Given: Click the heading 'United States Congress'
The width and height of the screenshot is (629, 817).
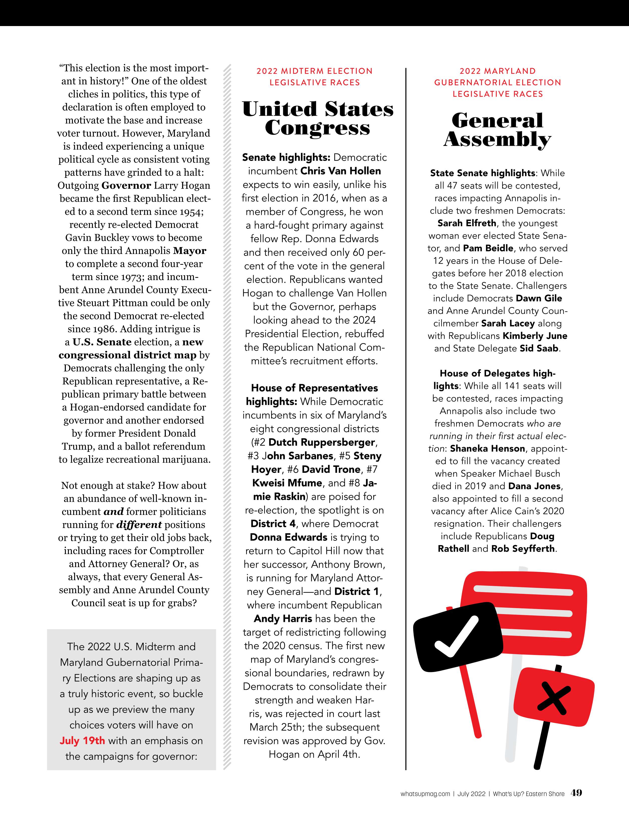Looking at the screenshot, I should pos(318,118).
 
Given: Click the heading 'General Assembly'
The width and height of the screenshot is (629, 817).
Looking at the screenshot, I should pos(497,130).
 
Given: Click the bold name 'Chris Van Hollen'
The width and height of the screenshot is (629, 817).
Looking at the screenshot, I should pos(341,171).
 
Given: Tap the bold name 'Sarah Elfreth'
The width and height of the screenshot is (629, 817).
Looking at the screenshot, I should pos(467,223).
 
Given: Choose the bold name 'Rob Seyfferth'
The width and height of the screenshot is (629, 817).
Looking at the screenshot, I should pos(523,549).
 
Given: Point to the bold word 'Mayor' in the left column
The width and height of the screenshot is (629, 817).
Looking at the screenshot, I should pos(190,251).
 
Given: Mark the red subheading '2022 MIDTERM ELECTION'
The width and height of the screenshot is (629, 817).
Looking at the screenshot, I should pos(314,71).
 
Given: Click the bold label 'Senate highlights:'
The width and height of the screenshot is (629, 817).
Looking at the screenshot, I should pos(286,158).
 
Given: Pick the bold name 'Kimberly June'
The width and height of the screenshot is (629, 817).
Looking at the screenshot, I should pos(535,336).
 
